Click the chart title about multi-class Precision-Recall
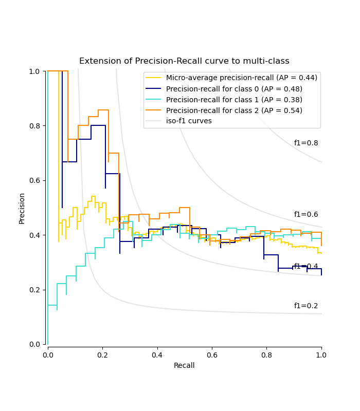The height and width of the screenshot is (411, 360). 184,61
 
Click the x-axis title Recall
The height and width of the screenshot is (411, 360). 184,365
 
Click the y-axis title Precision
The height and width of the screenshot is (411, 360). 22,208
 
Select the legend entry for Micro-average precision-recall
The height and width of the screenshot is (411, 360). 241,78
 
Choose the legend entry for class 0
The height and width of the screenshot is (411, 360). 234,89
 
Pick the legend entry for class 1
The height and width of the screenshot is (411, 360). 234,100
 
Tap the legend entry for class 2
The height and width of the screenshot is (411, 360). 234,110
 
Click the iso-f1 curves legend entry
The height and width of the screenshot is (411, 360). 189,121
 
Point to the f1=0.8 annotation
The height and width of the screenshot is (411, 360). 306,143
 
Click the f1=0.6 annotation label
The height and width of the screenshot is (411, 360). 306,215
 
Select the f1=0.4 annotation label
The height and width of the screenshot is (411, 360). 306,266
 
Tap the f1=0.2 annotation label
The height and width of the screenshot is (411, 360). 306,306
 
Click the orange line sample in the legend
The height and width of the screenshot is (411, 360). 153,110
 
